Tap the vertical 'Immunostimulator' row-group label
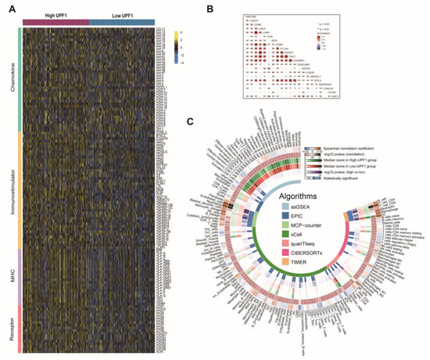(10, 185)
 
